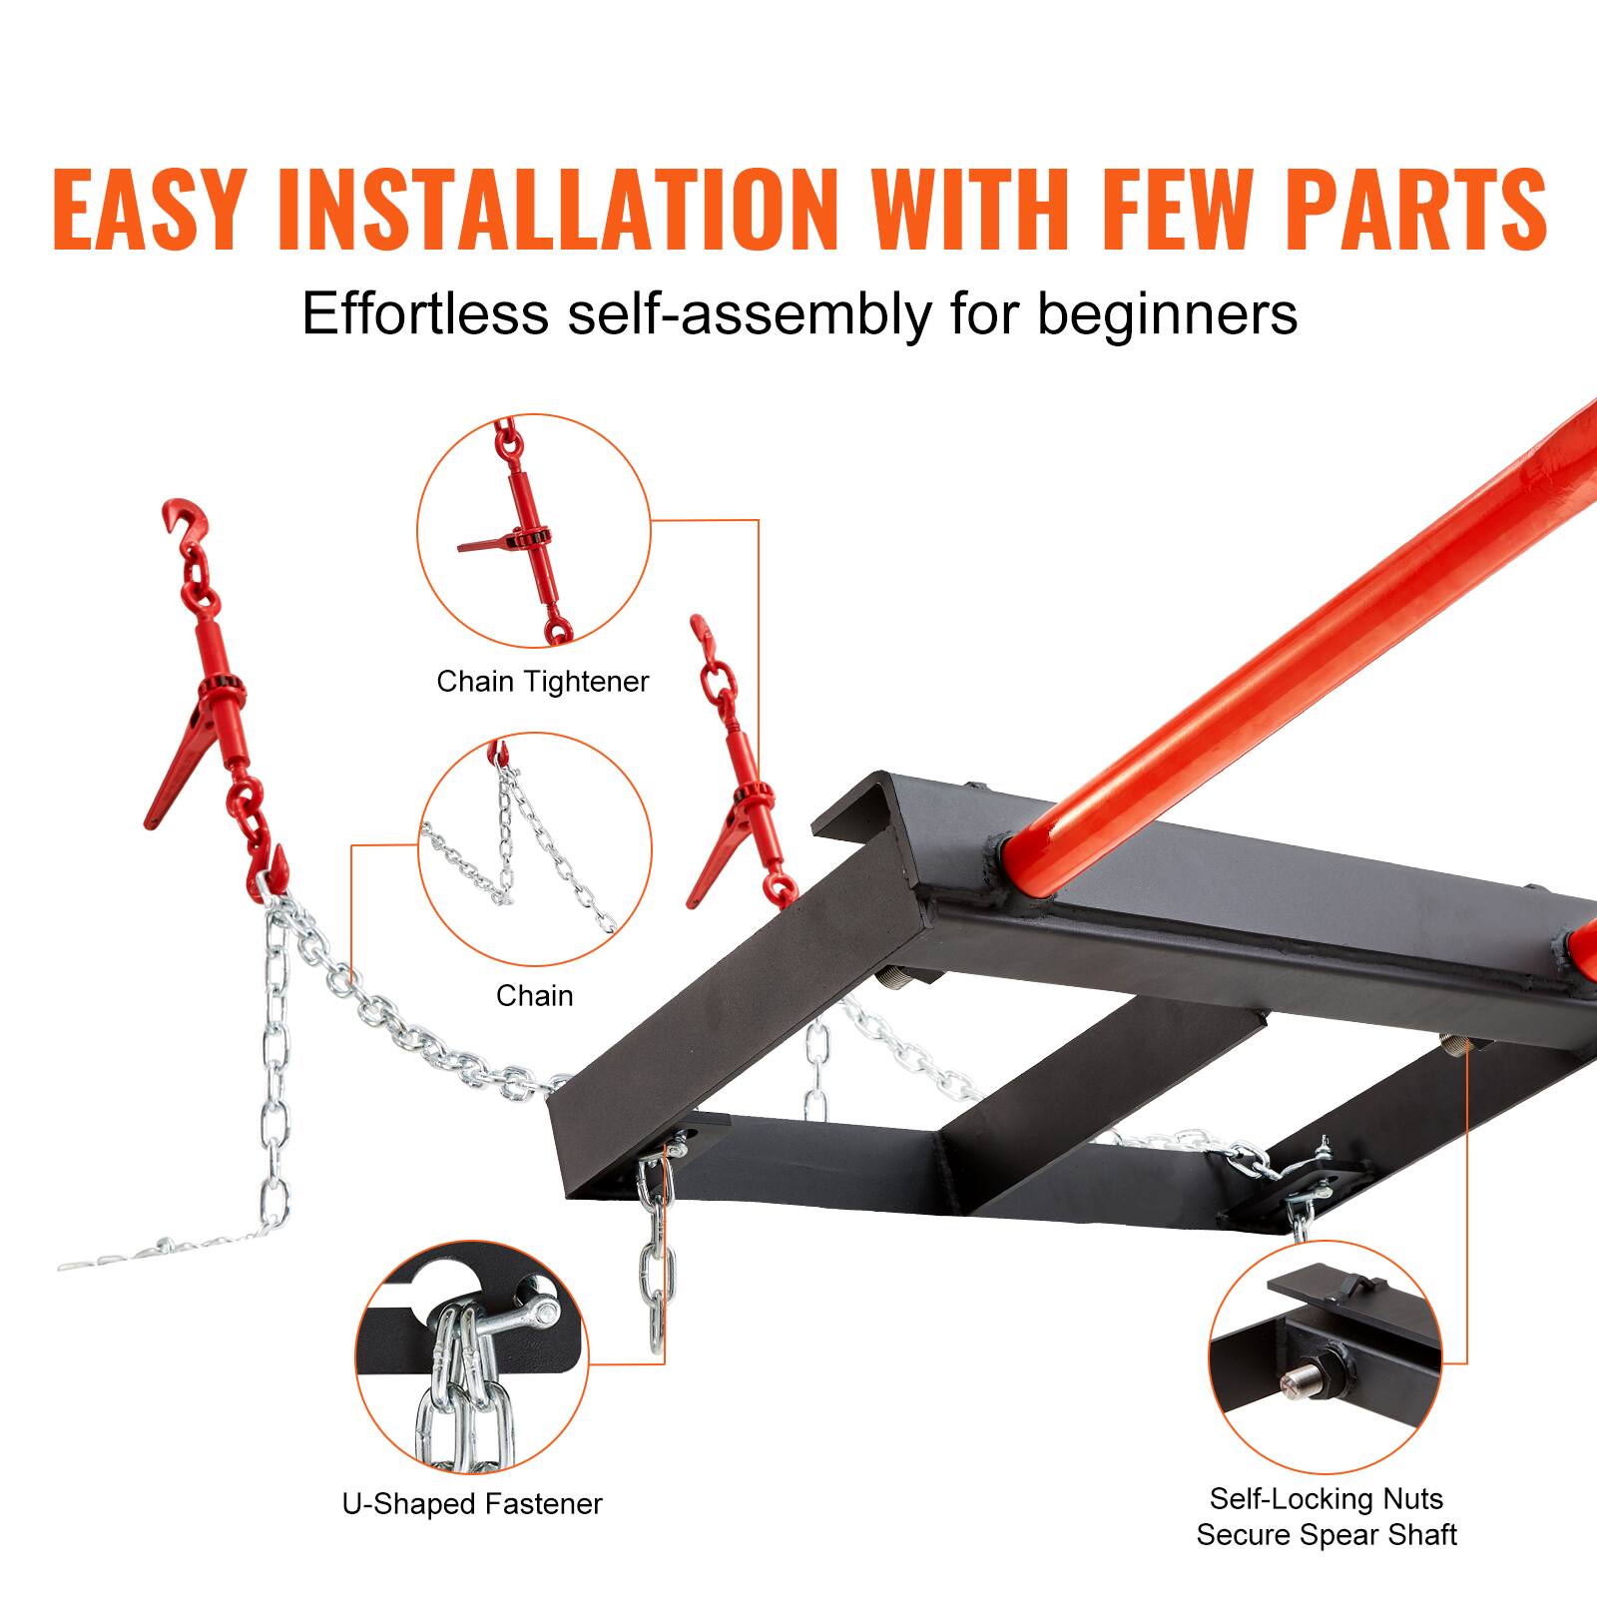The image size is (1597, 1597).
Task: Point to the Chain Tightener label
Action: [x=542, y=682]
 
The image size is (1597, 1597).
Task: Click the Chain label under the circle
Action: [x=534, y=995]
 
